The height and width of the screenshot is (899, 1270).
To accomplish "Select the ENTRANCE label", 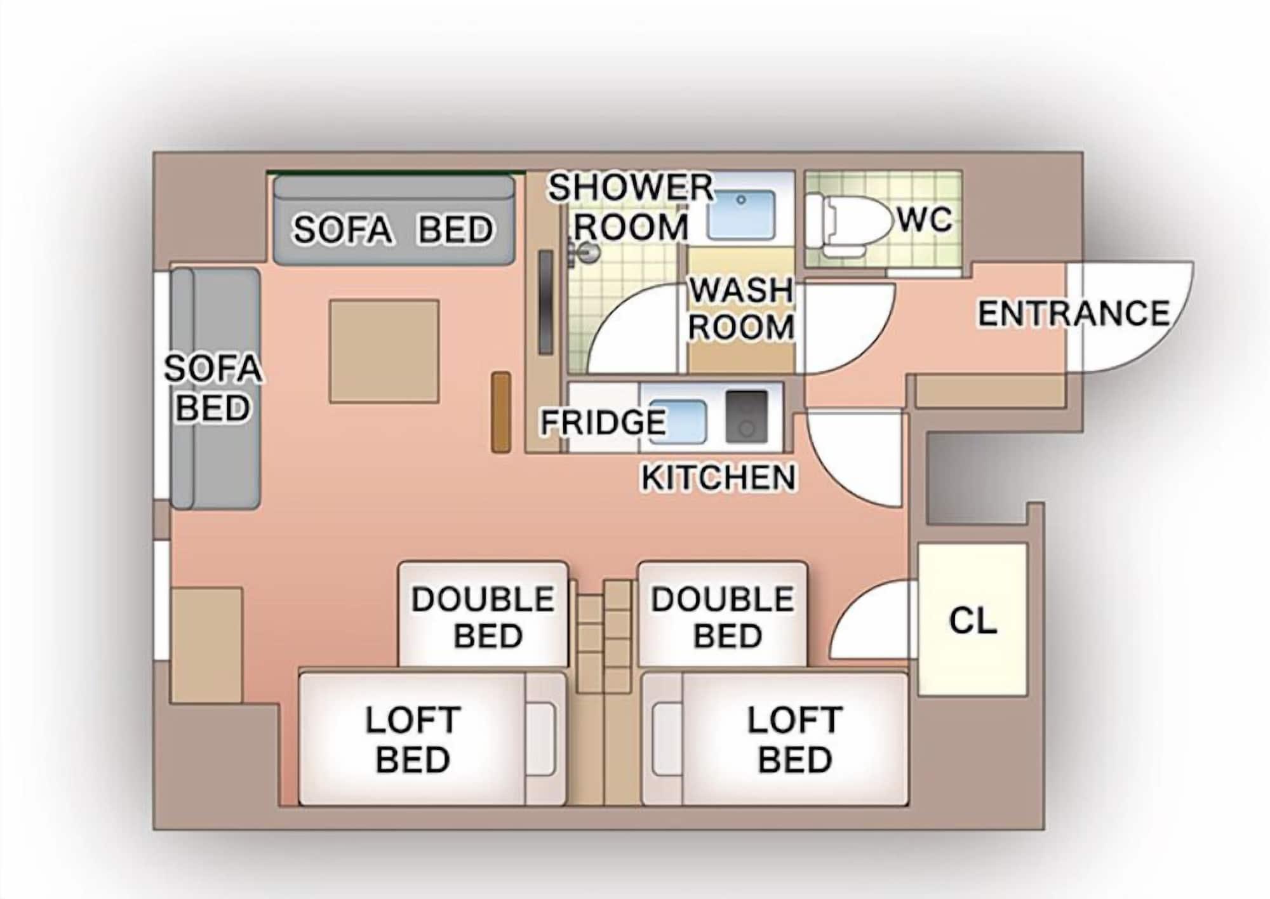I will coord(1073,314).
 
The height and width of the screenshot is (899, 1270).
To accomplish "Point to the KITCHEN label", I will coord(718,477).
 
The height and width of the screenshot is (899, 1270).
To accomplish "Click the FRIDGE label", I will coord(603,422).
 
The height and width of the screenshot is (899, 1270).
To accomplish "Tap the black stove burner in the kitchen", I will coord(747,416).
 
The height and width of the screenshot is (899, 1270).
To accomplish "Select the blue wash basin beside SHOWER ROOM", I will coord(741,214).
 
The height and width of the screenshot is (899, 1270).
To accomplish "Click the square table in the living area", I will coord(384,351).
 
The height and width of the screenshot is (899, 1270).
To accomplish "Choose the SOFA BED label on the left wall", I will coord(213,387).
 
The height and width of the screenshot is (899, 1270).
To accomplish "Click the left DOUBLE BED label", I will coord(483,617).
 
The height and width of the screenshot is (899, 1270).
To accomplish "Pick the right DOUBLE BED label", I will coord(723,617).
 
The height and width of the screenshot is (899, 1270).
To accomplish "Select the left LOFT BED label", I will coord(413,740).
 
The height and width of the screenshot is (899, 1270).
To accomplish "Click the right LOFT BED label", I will coord(794,740).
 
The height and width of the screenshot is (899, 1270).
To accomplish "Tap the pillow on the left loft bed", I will coord(541,739).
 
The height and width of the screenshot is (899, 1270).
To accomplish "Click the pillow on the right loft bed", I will coord(666,739).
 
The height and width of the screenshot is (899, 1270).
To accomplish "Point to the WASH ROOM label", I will coord(741,309).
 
